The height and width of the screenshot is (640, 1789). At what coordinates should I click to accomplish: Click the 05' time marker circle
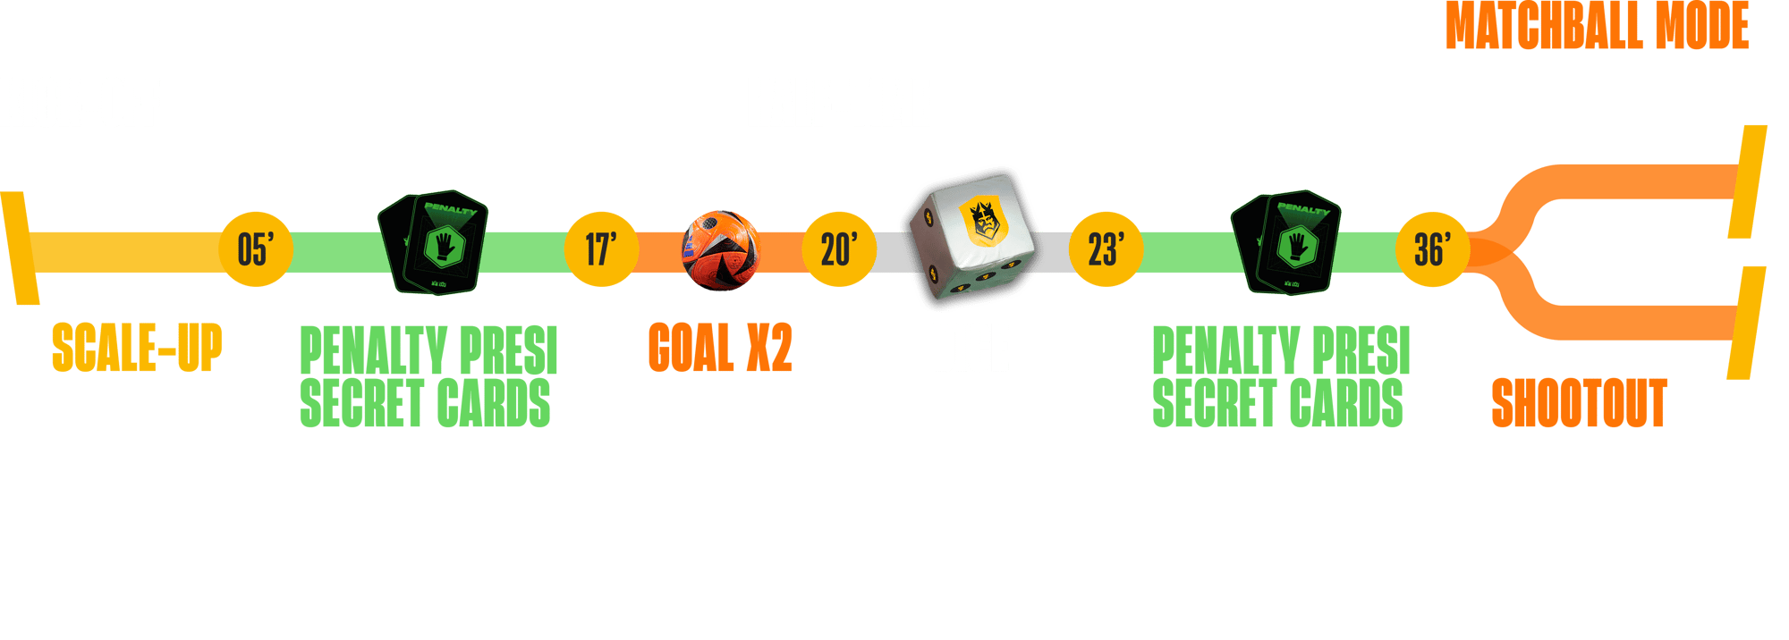coord(256,249)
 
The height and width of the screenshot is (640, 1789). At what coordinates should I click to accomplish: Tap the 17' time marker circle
coord(601,249)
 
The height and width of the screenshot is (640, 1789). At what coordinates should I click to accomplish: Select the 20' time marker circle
coord(839,249)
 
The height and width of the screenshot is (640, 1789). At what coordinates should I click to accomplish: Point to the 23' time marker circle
coord(1106,249)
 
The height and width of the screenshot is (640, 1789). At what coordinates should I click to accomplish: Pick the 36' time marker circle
coord(1433,249)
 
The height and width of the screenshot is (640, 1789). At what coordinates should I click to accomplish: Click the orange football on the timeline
coord(720,249)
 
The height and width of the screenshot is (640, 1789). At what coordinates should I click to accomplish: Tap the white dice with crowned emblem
coord(971,240)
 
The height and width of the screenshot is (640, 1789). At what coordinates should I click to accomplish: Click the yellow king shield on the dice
coord(984,220)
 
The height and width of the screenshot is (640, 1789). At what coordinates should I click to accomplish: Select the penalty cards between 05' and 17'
coord(434,242)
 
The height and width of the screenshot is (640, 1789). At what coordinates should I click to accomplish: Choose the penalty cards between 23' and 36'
coord(1286,242)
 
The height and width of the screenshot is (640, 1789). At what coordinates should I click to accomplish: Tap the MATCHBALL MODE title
coord(1598,25)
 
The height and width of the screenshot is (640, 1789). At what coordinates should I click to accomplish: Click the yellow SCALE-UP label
coord(136,348)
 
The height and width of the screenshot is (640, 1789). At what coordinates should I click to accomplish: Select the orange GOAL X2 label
coord(720,348)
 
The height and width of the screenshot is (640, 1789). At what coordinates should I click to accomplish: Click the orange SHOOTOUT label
coord(1579,403)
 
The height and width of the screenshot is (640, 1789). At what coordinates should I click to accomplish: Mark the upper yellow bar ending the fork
coord(1748,181)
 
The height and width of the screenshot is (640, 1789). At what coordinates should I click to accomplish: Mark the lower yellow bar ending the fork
coord(1746,323)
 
